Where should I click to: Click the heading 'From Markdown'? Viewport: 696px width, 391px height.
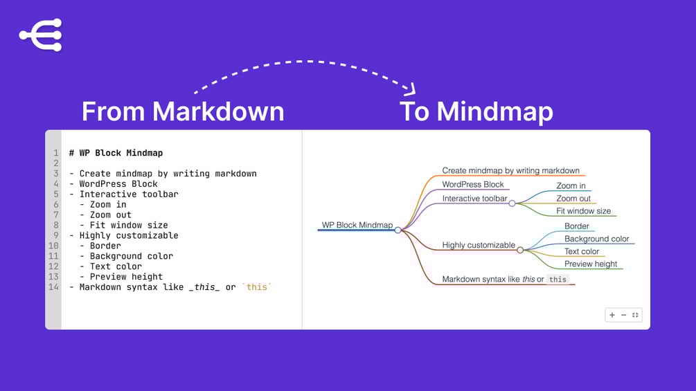click(x=183, y=111)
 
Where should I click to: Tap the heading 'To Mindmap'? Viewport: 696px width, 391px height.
click(x=476, y=111)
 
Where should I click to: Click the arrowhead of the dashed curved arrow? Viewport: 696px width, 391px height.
click(x=411, y=89)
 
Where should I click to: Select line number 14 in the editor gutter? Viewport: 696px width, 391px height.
click(x=53, y=287)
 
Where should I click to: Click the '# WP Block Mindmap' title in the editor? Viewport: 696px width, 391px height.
click(x=116, y=153)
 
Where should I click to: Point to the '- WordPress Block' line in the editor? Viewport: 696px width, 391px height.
click(x=114, y=184)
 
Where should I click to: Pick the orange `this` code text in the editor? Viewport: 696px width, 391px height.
click(x=257, y=287)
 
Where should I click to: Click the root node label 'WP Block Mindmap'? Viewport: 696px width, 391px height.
click(x=357, y=225)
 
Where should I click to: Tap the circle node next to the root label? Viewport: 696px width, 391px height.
click(x=398, y=230)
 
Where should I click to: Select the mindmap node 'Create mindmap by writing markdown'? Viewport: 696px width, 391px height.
click(x=510, y=170)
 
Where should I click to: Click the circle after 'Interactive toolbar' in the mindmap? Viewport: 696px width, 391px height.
click(x=512, y=203)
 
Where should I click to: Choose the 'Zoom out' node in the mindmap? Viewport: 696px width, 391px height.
click(x=573, y=199)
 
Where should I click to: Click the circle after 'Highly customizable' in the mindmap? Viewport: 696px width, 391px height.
click(x=520, y=250)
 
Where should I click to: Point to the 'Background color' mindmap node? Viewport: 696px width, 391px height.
click(x=596, y=239)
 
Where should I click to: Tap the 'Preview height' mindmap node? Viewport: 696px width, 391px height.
click(x=590, y=264)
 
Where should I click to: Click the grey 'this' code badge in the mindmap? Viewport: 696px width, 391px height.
click(x=557, y=280)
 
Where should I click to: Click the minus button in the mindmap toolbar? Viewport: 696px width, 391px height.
click(x=623, y=315)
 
